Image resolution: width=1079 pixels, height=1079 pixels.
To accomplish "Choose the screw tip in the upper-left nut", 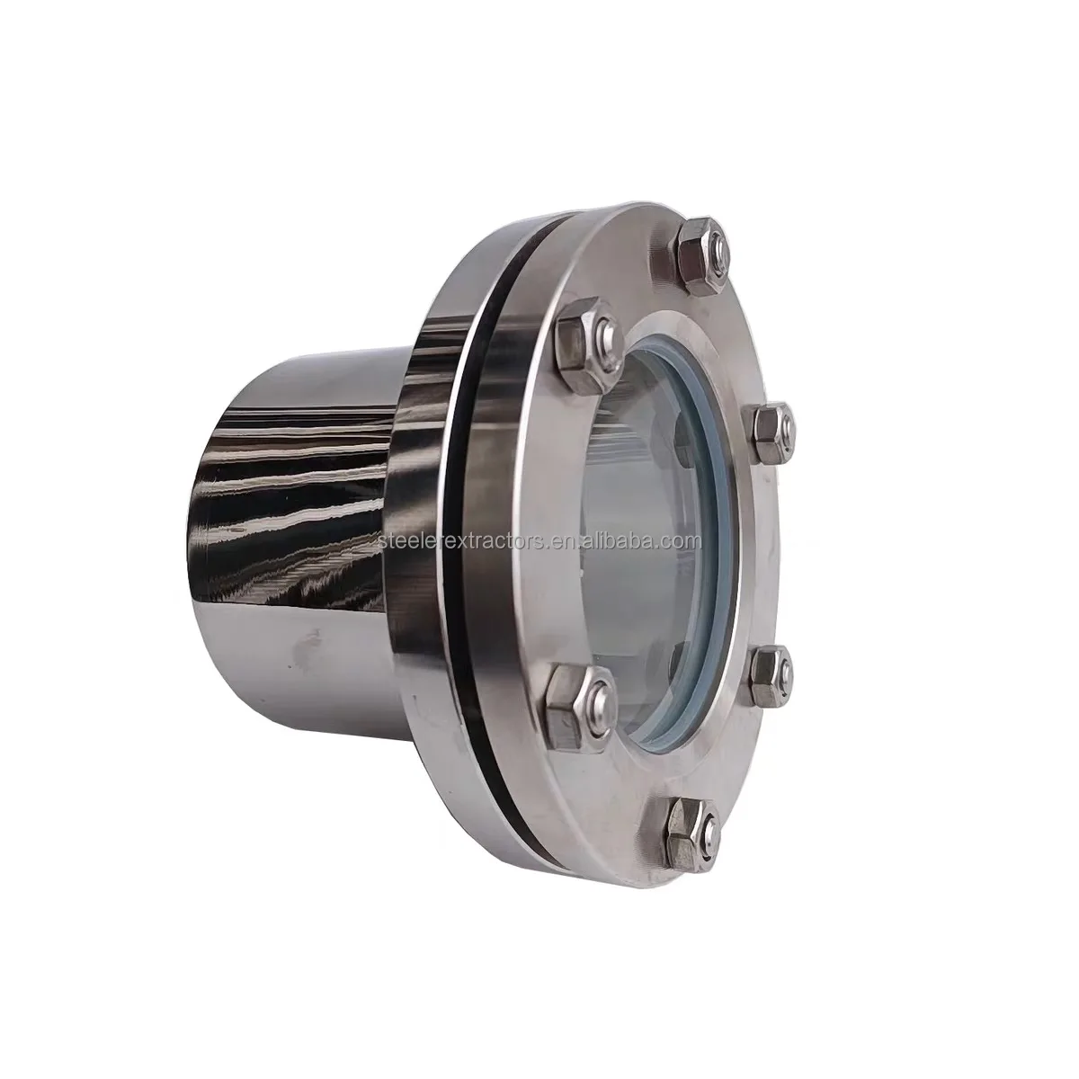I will click(604, 336).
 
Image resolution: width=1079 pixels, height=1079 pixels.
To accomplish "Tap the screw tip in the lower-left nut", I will click(596, 692).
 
